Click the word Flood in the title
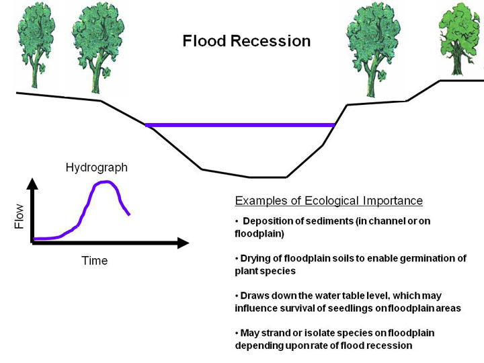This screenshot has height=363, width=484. (204, 41)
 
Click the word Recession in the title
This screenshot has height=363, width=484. (271, 41)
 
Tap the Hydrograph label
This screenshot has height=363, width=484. (97, 167)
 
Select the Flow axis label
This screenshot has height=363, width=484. (19, 216)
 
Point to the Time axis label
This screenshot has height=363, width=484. (95, 261)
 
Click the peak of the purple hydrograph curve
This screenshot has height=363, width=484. (106, 182)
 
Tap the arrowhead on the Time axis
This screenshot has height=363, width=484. (183, 243)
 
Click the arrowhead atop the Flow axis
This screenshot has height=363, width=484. (32, 184)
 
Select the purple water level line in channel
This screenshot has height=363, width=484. (240, 125)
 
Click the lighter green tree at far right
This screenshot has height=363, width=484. (460, 38)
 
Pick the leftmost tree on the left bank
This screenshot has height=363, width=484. (36, 45)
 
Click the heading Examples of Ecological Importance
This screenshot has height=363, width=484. (329, 201)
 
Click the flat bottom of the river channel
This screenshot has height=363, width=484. (268, 177)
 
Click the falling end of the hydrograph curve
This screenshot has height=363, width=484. (129, 214)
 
